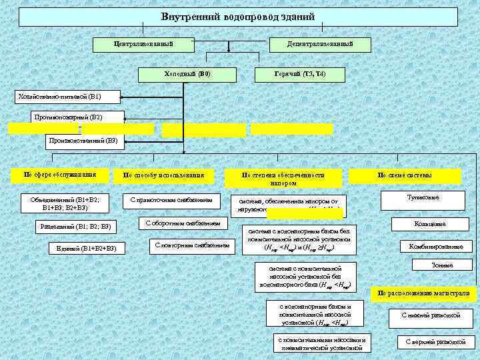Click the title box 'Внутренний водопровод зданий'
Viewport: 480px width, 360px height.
point(238,17)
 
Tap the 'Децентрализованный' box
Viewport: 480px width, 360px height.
point(320,43)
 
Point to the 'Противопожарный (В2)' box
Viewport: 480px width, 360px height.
point(69,118)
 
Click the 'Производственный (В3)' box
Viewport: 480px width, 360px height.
point(84,141)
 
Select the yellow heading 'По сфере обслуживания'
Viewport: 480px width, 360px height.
point(60,175)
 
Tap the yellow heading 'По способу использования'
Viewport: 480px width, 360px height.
point(163,176)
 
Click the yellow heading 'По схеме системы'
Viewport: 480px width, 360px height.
point(405,176)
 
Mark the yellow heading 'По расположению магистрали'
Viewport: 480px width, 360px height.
point(423,293)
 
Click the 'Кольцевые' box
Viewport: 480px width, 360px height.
point(430,224)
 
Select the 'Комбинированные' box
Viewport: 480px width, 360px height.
point(436,247)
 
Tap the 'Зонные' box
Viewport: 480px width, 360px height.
point(441,265)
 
